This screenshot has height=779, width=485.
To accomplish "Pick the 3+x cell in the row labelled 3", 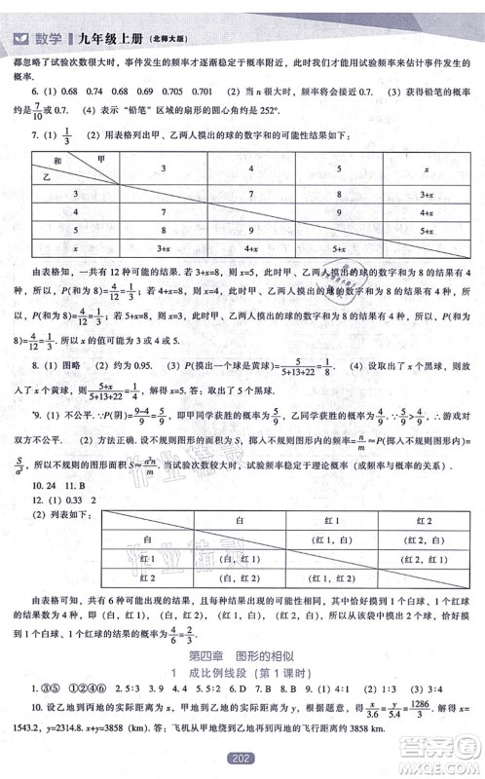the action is [x=425, y=195].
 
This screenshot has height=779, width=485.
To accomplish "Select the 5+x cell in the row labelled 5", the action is [x=425, y=231].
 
